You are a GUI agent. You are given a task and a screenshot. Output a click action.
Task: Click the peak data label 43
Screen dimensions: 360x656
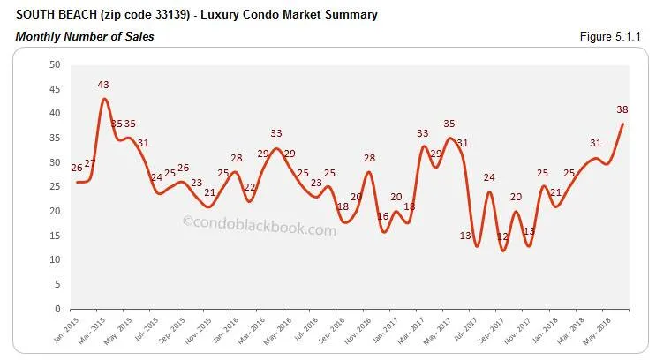(103, 85)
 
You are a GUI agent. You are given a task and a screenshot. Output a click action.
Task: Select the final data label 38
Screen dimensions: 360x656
(622, 110)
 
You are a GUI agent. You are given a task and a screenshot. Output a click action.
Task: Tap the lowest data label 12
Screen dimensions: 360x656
(502, 236)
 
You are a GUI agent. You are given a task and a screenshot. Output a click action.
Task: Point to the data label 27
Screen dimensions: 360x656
(90, 164)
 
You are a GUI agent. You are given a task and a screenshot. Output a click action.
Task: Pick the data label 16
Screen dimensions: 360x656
(382, 216)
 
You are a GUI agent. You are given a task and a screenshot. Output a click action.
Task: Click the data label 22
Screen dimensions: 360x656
(250, 187)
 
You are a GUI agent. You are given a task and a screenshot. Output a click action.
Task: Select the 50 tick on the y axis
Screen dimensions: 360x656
(55, 64)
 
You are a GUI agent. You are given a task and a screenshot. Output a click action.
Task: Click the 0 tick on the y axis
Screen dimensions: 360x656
(57, 309)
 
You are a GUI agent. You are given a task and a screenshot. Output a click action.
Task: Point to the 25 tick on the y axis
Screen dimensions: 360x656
(55, 187)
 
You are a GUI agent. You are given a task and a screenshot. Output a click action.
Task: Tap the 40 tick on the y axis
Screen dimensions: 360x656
(55, 114)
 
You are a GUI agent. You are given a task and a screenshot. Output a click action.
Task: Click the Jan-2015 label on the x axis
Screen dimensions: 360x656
(72, 332)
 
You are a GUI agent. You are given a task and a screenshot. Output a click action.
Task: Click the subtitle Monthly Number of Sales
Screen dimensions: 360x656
(85, 36)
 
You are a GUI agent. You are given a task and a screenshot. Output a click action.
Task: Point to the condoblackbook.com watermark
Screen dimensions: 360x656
(260, 229)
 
